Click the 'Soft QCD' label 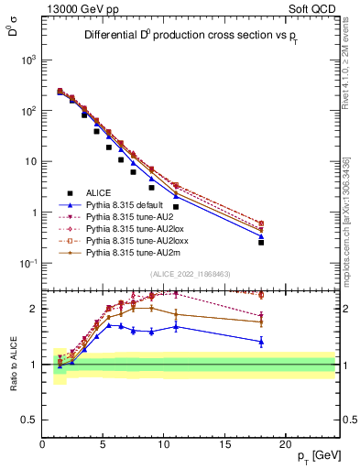314,8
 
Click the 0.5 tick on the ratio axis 31,420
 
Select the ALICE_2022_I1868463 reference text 190,273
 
